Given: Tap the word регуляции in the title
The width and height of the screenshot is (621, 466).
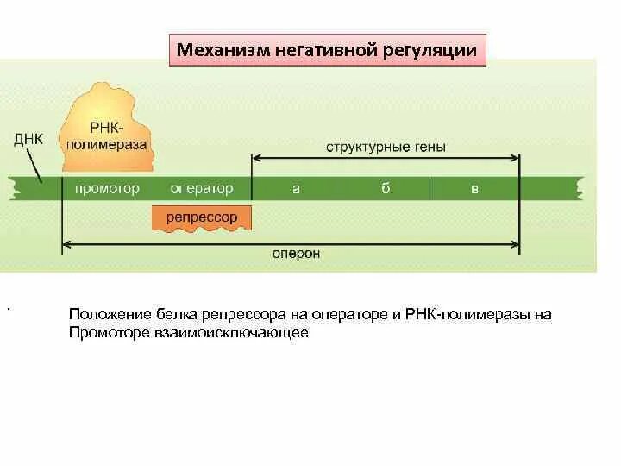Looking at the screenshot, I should click(436, 50).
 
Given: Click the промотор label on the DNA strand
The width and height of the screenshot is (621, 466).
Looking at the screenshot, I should click(107, 189).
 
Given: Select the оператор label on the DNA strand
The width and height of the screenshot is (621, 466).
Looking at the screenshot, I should click(202, 189).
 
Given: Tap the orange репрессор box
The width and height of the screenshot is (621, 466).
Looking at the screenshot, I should click(202, 217).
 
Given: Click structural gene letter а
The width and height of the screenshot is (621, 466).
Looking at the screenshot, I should click(296, 189).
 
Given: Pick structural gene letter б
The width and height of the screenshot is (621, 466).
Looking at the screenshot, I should click(386, 189).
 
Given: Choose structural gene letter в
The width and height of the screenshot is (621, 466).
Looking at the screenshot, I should click(474, 189).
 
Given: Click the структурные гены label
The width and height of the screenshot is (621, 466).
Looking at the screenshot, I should click(386, 147).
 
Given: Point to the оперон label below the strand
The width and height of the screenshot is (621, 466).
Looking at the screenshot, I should click(296, 254).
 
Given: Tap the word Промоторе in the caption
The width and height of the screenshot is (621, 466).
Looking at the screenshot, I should click(107, 332).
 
